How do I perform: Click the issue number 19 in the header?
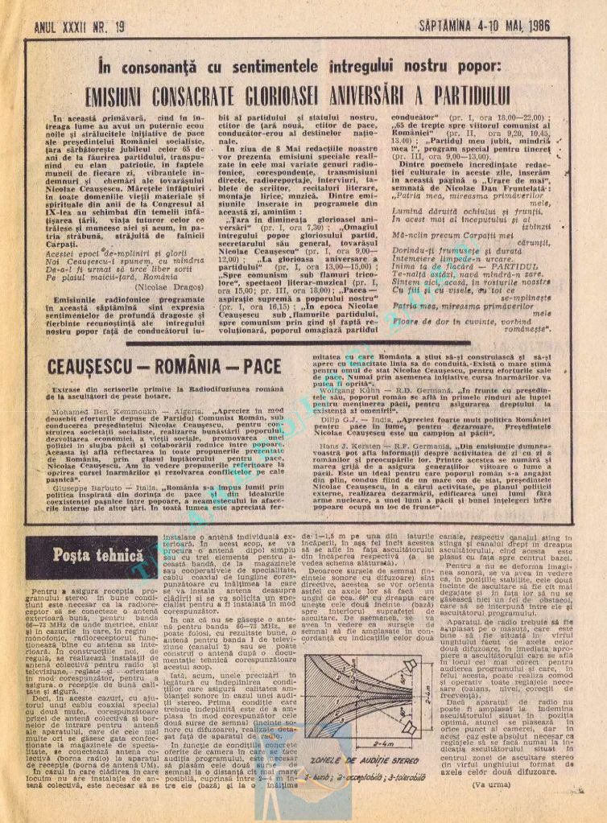(x=119, y=26)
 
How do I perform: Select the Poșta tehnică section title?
(x=81, y=554)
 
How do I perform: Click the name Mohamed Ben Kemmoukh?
(x=82, y=409)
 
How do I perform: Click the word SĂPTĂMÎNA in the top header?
(x=453, y=26)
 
